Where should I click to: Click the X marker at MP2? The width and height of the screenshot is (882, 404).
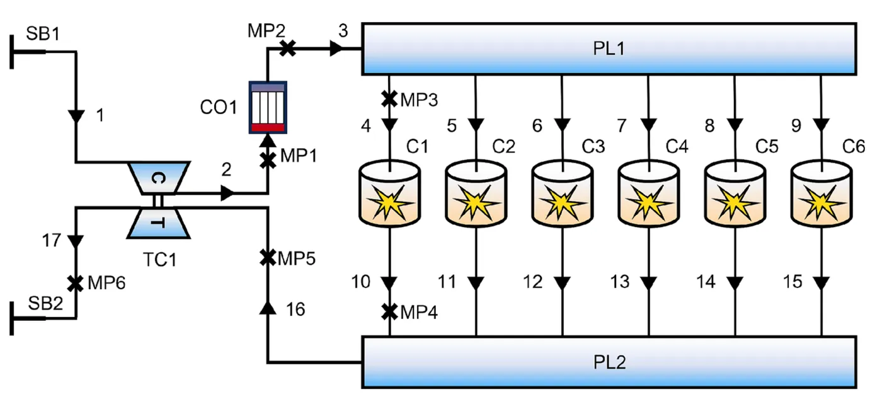point(287,49)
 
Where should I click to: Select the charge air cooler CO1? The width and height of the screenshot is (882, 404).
point(268,107)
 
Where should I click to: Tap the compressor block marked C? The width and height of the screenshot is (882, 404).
point(159,178)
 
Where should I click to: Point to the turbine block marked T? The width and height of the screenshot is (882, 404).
point(159,223)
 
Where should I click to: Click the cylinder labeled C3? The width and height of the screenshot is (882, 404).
point(562,193)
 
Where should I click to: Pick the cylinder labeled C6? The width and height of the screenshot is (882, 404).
point(822,193)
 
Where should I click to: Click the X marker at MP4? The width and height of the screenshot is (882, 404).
point(389,312)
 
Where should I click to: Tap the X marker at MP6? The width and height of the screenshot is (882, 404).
point(75,283)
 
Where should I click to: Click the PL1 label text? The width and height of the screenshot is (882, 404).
point(609,49)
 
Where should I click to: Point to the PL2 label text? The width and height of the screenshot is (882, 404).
point(610,362)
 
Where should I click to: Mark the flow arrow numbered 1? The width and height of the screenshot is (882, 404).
point(76,116)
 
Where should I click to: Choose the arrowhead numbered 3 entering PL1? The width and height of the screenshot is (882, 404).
point(336,49)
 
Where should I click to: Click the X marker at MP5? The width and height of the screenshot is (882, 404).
point(268,258)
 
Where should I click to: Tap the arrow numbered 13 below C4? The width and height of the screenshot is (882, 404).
point(648,283)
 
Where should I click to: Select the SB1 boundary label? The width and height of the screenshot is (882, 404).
point(43,33)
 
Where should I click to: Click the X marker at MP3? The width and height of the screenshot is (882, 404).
point(389,99)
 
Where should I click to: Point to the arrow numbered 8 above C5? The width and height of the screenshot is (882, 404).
point(735,125)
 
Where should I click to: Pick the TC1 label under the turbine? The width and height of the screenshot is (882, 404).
point(160,260)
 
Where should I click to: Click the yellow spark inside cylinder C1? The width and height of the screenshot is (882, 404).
point(389,202)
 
